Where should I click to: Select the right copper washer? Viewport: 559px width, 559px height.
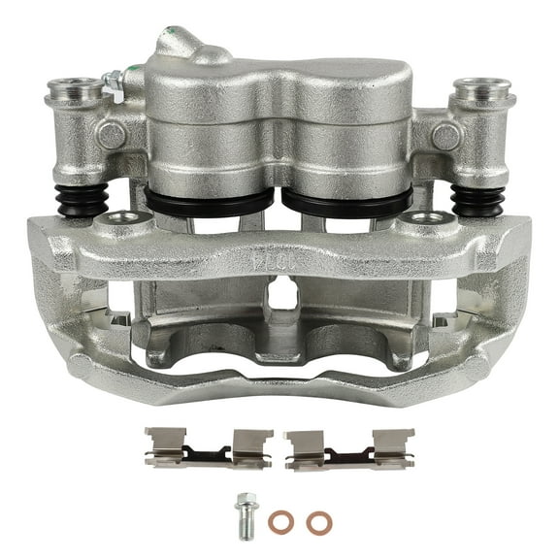point(316,523)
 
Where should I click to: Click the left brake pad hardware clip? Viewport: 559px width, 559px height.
point(210,445)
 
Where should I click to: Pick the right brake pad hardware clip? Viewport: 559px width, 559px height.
point(349,447)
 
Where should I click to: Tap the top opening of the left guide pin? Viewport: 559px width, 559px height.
point(75,89)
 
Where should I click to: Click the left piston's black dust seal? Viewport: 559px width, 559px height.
point(209,201)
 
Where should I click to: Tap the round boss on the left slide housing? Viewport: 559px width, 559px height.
point(111,135)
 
